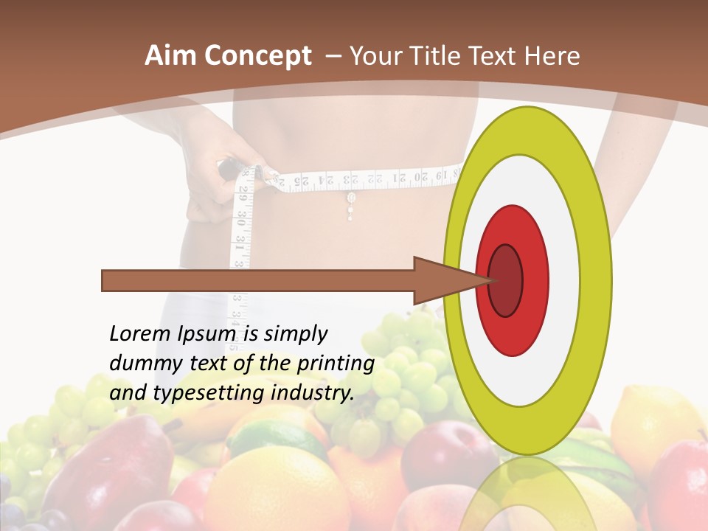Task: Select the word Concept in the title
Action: click(x=258, y=57)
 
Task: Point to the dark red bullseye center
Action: click(x=506, y=280)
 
